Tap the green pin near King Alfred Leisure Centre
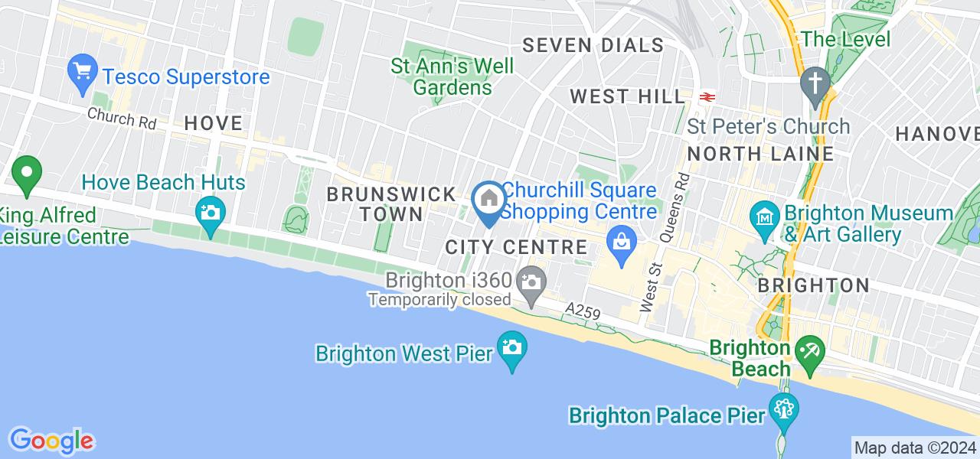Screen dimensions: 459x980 pyautogui.click(x=27, y=174)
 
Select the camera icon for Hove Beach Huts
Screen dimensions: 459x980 pyautogui.click(x=210, y=210)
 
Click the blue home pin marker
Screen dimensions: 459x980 pyautogui.click(x=489, y=201)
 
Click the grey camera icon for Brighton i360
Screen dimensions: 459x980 pyautogui.click(x=530, y=282)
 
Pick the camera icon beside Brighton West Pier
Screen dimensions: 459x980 pyautogui.click(x=511, y=349)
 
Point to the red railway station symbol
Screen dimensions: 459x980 pyautogui.click(x=707, y=96)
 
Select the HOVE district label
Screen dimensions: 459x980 pyautogui.click(x=214, y=123)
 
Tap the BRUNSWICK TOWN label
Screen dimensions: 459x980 pyautogui.click(x=391, y=204)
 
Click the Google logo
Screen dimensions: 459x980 pyautogui.click(x=51, y=441)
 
